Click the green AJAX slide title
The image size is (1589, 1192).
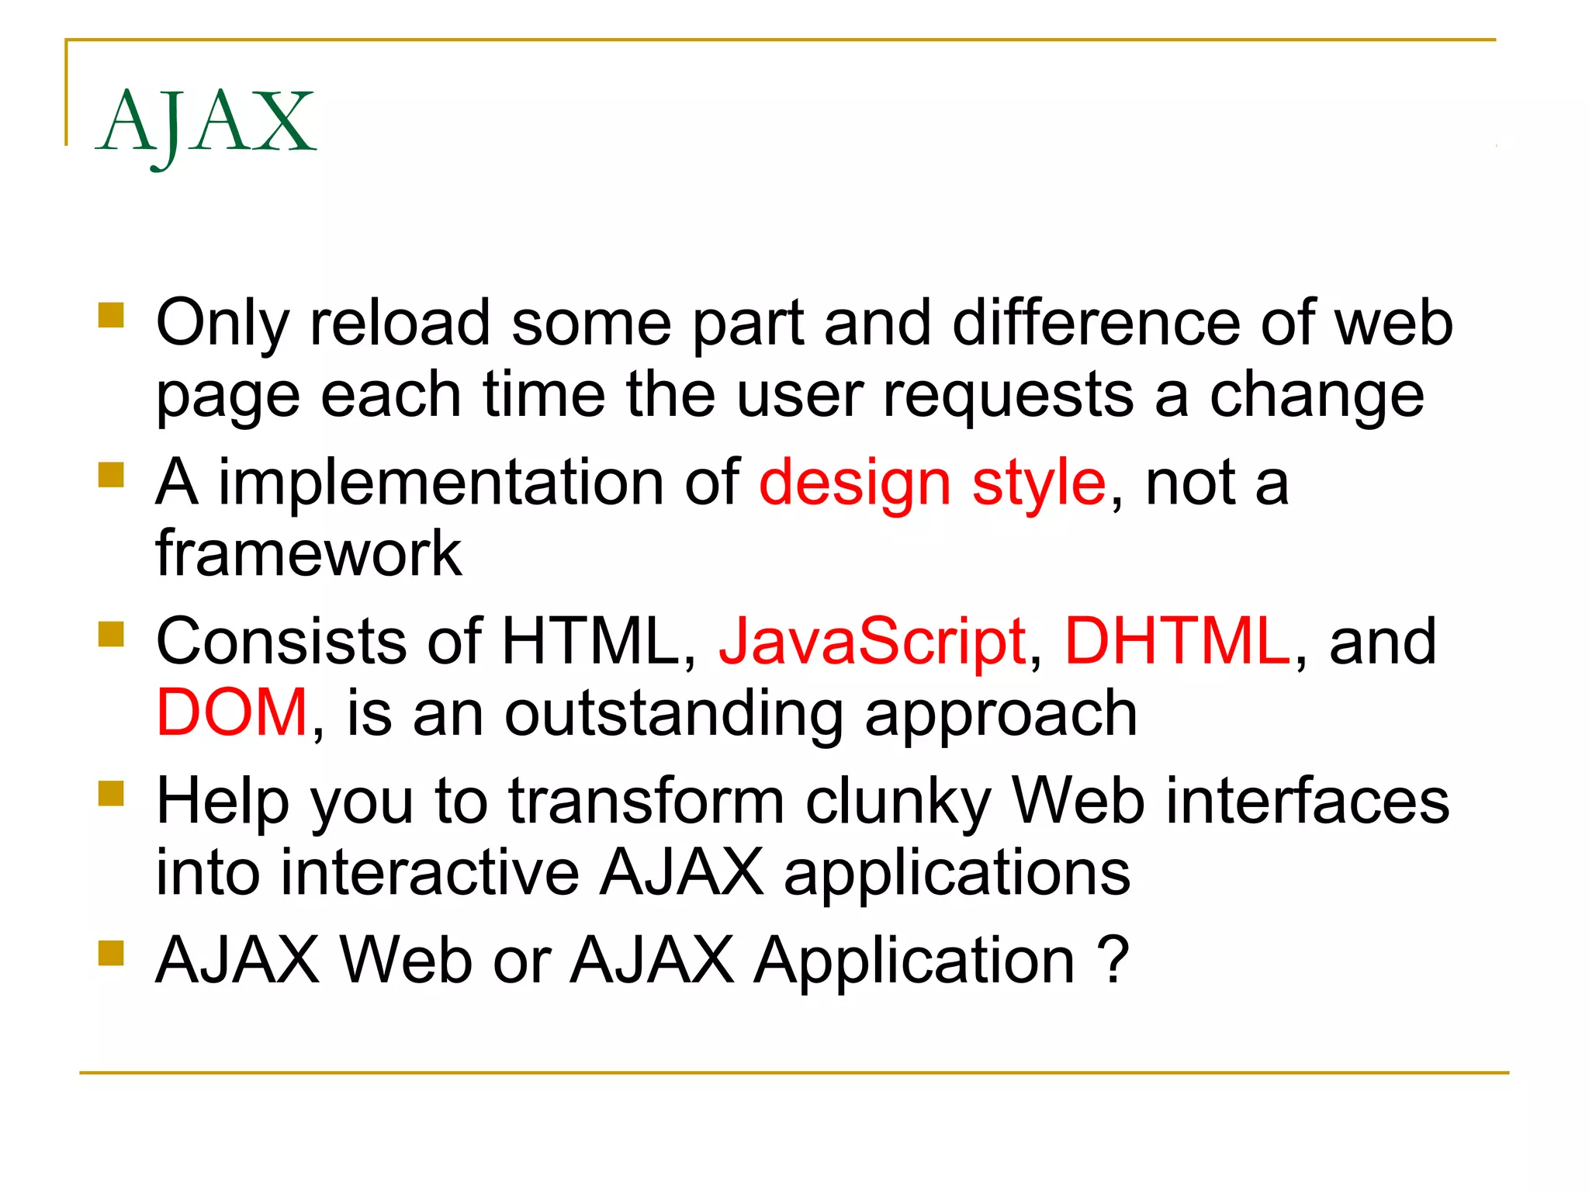pyautogui.click(x=206, y=123)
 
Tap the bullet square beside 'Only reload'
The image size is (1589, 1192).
pyautogui.click(x=112, y=316)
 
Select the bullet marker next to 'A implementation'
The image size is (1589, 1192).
pyautogui.click(x=112, y=475)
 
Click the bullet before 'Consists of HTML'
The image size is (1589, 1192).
pyautogui.click(x=112, y=634)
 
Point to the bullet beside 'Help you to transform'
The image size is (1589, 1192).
pyautogui.click(x=112, y=793)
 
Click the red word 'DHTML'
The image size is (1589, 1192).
pyautogui.click(x=1177, y=643)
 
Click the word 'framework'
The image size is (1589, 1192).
pyautogui.click(x=309, y=554)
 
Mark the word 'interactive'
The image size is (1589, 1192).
pyautogui.click(x=430, y=873)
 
